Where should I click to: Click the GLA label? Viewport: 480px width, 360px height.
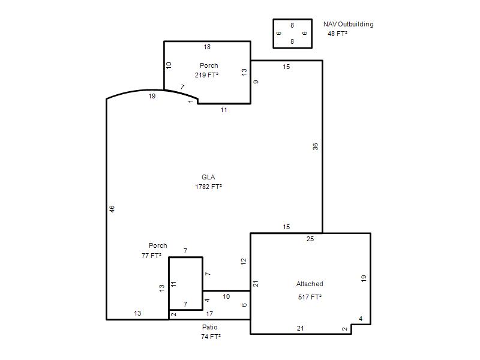[x=208, y=177]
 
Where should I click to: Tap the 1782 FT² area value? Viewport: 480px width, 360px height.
[x=208, y=187]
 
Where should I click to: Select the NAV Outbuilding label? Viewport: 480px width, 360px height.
[x=349, y=24]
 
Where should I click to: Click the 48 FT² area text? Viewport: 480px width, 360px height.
[x=337, y=34]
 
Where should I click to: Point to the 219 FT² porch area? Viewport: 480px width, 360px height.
[x=206, y=75]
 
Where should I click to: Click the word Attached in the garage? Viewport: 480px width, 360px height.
[x=310, y=284]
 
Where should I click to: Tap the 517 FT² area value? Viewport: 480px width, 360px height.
[x=310, y=297]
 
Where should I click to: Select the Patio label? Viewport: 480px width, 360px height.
[x=209, y=327]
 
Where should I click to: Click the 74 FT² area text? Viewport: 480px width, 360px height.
[x=211, y=337]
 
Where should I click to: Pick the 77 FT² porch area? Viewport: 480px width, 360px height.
[x=151, y=256]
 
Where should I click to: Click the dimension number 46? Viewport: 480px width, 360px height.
[x=112, y=209]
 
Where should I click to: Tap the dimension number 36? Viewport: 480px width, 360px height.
[x=316, y=146]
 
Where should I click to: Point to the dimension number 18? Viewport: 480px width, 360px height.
[x=207, y=47]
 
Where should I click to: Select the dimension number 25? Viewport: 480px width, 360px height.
[x=310, y=239]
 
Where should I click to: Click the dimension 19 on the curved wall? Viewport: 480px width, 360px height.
[x=152, y=96]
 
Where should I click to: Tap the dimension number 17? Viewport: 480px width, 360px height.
[x=209, y=314]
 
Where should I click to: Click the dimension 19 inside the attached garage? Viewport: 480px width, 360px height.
[x=364, y=278]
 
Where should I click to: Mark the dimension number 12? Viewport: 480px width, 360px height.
[x=244, y=262]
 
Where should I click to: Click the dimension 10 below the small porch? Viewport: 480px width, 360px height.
[x=226, y=296]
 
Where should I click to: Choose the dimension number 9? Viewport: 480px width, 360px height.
[x=256, y=82]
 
